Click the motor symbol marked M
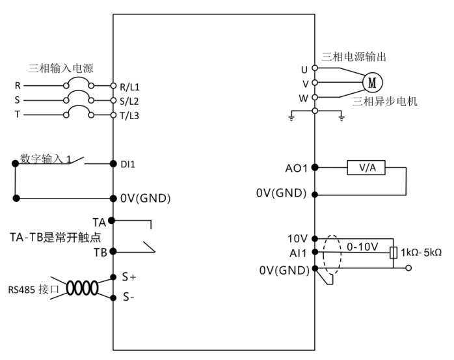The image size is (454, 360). (x=372, y=83)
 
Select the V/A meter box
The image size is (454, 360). (x=366, y=167)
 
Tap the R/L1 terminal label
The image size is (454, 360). (x=130, y=86)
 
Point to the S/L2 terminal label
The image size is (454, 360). (x=130, y=101)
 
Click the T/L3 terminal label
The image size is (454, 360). (x=130, y=115)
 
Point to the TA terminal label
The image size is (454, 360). (x=100, y=222)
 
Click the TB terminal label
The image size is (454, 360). (x=100, y=253)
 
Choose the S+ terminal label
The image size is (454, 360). (x=129, y=277)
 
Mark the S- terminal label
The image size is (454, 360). (x=128, y=298)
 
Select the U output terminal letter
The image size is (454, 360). (x=304, y=69)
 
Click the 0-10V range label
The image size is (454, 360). (x=362, y=248)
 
